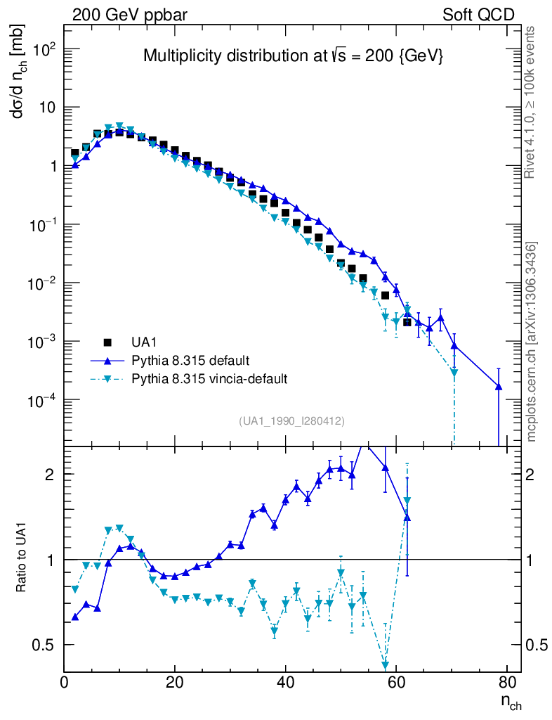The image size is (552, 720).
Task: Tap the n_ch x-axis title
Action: pos(511,701)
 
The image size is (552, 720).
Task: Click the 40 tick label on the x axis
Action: pos(285,683)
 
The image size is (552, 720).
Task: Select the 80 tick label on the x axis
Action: pos(506,683)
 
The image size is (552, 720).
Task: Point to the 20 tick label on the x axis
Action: pos(175,683)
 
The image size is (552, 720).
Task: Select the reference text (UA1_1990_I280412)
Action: pos(291,420)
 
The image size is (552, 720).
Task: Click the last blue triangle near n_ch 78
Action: pos(499,386)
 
